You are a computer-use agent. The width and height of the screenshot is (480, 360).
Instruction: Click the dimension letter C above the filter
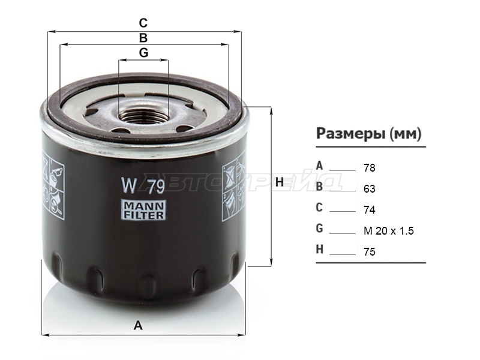(143, 23)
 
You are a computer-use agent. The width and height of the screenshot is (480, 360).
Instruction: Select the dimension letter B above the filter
(143, 38)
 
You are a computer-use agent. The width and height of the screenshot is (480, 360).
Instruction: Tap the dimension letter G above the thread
(143, 53)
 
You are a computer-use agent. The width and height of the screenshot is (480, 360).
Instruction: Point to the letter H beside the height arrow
(280, 182)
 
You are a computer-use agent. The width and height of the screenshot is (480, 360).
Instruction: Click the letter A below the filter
(138, 325)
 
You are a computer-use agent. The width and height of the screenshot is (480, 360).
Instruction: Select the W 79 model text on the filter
(143, 185)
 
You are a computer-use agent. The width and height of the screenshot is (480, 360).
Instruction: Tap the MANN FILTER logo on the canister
(143, 209)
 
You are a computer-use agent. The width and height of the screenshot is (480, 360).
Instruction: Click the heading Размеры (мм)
(368, 133)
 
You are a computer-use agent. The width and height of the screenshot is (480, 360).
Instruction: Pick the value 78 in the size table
(370, 168)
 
